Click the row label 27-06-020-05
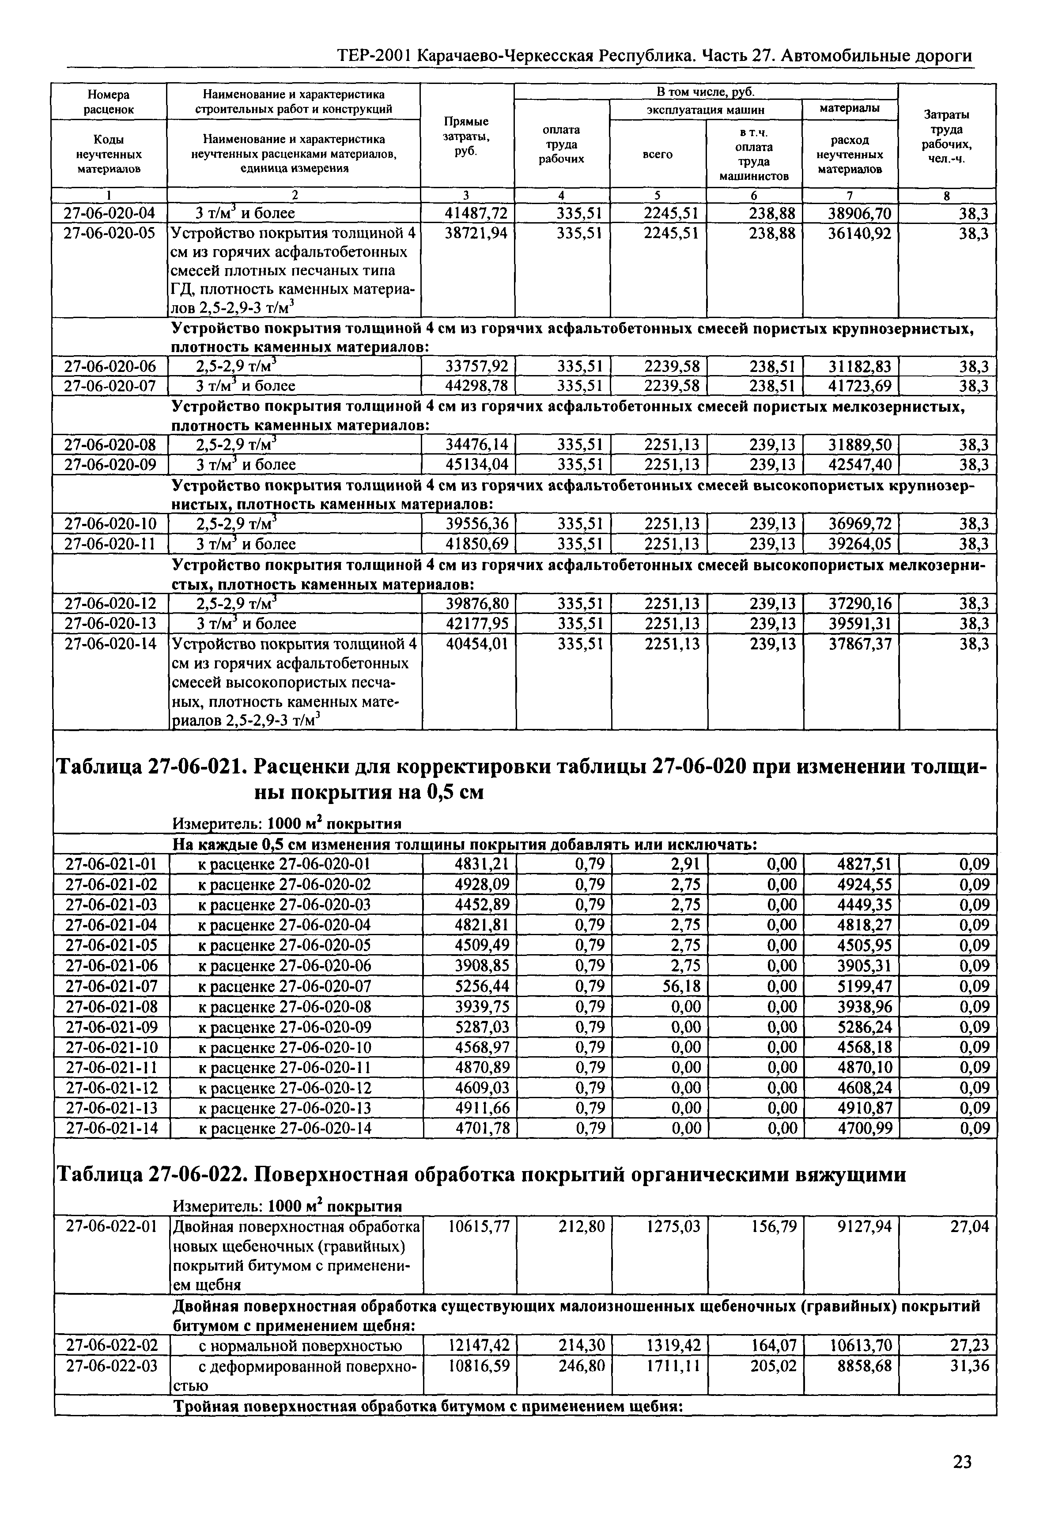click(x=110, y=233)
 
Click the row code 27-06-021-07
click(x=112, y=986)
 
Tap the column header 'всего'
click(x=658, y=154)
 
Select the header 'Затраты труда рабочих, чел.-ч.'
click(x=946, y=136)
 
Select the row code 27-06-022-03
click(x=112, y=1366)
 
